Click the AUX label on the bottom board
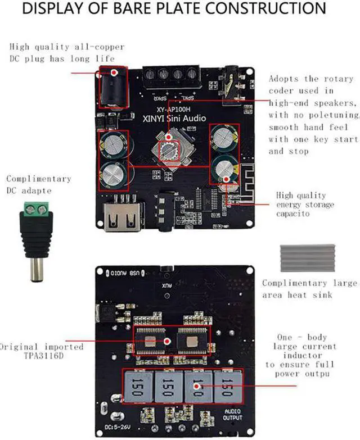(x=166, y=285)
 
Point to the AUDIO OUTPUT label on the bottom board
(x=232, y=415)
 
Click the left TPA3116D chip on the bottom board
(x=152, y=341)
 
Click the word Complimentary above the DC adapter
(x=39, y=179)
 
